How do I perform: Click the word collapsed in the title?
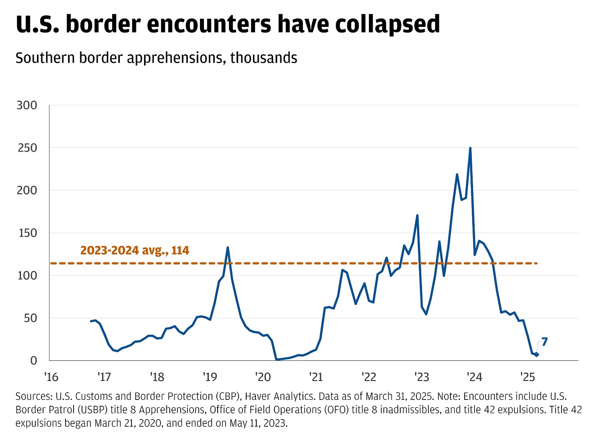click(387, 24)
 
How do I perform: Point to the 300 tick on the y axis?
click(27, 105)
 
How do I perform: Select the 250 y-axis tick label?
click(27, 148)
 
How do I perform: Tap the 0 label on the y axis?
click(33, 361)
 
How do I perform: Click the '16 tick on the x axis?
click(51, 377)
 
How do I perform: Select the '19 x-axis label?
click(210, 377)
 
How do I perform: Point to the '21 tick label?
click(316, 377)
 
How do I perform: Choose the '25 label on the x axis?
click(528, 377)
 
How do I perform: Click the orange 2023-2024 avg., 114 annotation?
click(134, 250)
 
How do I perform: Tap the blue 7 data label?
click(544, 342)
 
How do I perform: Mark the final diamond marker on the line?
click(537, 355)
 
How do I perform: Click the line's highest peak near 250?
click(470, 148)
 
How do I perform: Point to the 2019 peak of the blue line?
click(228, 247)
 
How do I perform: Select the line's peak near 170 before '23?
click(417, 215)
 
